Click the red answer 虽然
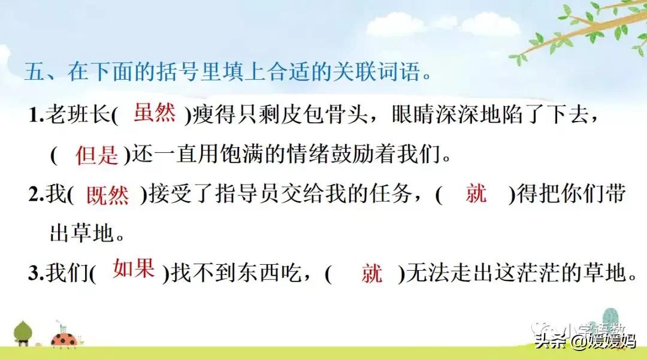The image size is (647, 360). (x=155, y=112)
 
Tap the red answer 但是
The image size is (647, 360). (x=96, y=155)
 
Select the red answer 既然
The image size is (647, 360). (x=107, y=195)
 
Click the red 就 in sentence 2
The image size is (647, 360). (x=476, y=193)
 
